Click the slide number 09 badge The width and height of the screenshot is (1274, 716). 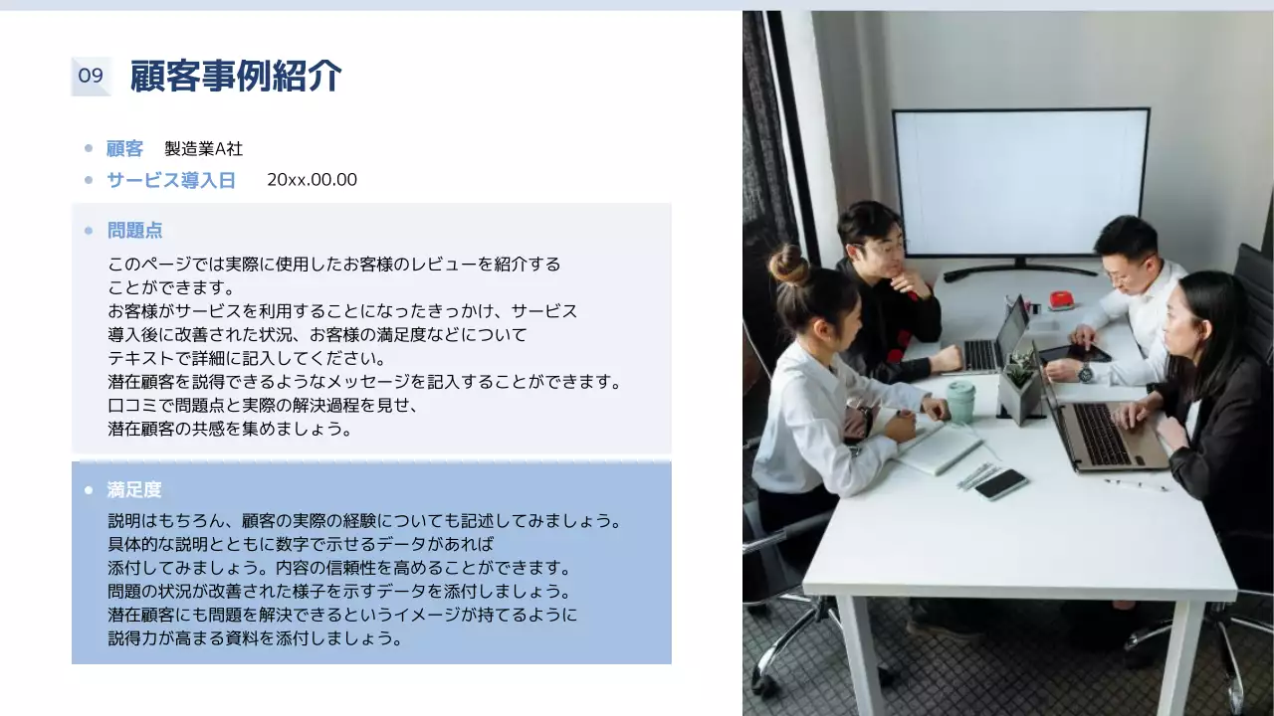[91, 77]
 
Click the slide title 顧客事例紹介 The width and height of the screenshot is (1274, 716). [236, 76]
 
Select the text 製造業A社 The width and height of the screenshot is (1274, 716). [203, 149]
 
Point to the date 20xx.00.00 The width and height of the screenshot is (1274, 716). [312, 180]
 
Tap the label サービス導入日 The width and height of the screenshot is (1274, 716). [171, 180]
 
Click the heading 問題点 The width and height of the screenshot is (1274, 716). [134, 231]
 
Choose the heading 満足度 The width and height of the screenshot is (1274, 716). [134, 490]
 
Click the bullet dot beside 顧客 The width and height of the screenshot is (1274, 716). [89, 149]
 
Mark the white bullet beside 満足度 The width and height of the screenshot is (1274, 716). [89, 490]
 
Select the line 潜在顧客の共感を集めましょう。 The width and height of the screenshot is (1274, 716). [230, 429]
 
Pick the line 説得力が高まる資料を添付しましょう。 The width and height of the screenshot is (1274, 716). [255, 638]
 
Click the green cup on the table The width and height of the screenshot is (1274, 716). [960, 400]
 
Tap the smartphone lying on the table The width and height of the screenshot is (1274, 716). [1001, 484]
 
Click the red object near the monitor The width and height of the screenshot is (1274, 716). [1061, 300]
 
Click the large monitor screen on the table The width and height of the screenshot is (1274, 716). [1020, 183]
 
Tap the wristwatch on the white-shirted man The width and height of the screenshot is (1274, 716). [1085, 373]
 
